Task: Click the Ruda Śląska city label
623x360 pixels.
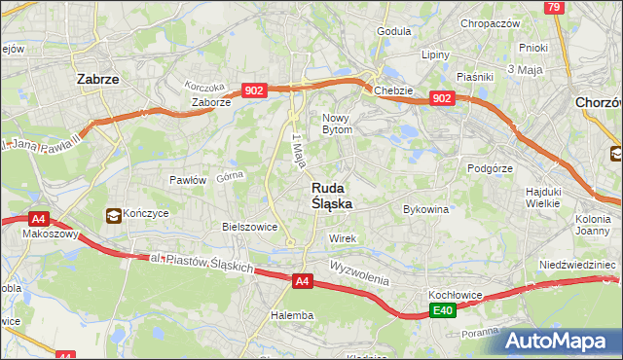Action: (332, 196)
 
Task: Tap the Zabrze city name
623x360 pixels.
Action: (97, 80)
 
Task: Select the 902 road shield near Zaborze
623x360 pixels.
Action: (254, 90)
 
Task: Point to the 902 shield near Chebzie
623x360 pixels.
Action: (442, 98)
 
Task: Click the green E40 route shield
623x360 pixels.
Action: (443, 310)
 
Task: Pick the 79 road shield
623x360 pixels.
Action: (554, 8)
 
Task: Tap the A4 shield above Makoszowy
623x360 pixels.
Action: (38, 219)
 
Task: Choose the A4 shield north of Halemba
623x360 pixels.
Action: (303, 281)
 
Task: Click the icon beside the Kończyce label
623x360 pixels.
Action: (115, 215)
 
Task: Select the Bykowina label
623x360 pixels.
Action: (425, 209)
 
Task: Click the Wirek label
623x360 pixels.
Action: (343, 238)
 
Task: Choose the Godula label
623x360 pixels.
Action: (394, 31)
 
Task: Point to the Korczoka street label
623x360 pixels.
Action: (204, 85)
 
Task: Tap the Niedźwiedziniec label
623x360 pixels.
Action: (578, 265)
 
